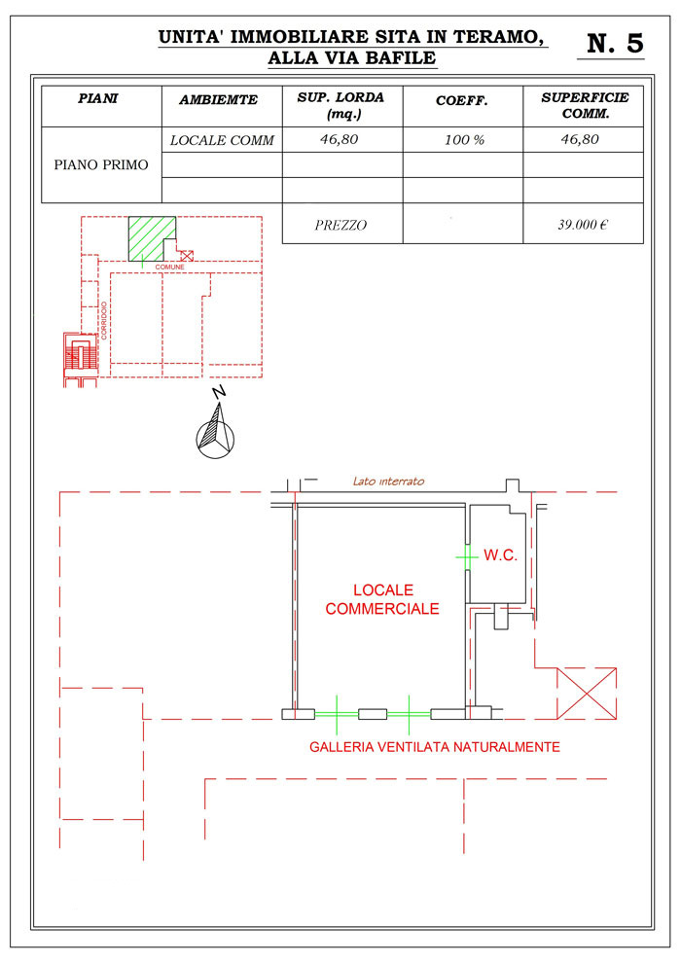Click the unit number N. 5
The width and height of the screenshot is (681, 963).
tap(615, 43)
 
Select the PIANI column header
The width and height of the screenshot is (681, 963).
tap(98, 98)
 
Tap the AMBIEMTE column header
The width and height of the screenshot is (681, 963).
tap(219, 99)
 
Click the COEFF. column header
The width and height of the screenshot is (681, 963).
tap(462, 101)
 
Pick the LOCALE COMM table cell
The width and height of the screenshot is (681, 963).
tap(222, 140)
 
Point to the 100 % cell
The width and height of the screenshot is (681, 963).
tap(464, 140)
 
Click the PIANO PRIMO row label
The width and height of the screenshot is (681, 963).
tap(101, 164)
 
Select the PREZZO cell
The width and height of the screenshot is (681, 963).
tap(340, 225)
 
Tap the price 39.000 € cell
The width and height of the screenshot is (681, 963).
tap(583, 224)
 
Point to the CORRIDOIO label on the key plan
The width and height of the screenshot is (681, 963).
tap(104, 320)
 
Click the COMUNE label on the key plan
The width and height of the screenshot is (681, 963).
tap(169, 267)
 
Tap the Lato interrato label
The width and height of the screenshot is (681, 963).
tap(389, 481)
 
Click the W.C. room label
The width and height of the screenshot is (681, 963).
tap(500, 555)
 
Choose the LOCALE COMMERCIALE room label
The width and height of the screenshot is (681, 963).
tap(382, 599)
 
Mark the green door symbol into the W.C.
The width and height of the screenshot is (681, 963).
tap(467, 557)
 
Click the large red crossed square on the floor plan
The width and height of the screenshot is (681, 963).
tap(587, 693)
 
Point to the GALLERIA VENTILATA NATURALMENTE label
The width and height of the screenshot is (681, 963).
tap(435, 747)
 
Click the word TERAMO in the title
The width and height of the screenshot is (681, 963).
tap(499, 37)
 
